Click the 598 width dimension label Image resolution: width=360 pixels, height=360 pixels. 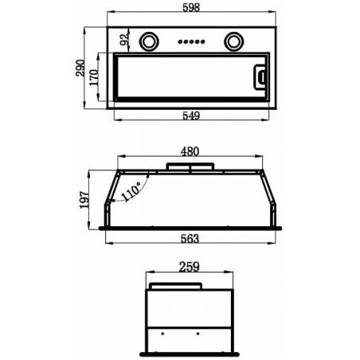pos(191,7)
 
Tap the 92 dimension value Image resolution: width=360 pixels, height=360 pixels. pos(124,39)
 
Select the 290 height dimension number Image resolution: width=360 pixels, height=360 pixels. pos(80,68)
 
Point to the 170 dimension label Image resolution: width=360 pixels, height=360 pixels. pos(94,77)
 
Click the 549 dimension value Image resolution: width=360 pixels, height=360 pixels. pos(191,115)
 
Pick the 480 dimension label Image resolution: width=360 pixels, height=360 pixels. pos(190,151)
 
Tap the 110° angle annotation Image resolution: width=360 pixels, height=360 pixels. pos(131,191)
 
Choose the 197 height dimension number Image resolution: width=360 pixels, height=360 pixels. pos(84,200)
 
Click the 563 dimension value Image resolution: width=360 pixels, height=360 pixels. pos(190,239)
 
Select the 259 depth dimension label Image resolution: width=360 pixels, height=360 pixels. pos(189,267)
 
